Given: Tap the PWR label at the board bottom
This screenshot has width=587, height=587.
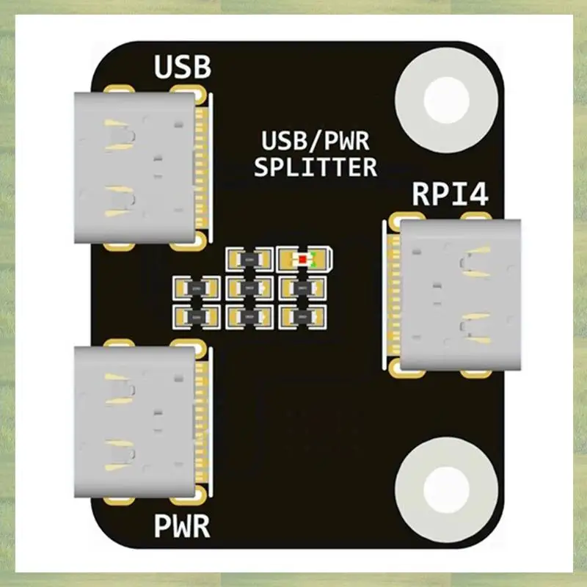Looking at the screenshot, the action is [x=183, y=525].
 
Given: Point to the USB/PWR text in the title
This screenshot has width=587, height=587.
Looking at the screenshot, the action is [x=316, y=140].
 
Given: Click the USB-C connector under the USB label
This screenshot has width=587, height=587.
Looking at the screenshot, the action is [x=143, y=167].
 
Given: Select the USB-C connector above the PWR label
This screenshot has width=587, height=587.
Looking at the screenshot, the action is [x=143, y=423].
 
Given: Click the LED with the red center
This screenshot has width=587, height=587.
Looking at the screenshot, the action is [x=303, y=259].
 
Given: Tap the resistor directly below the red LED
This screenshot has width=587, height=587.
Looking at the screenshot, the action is [x=303, y=288].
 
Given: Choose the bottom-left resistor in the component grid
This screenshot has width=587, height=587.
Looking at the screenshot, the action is [x=196, y=316].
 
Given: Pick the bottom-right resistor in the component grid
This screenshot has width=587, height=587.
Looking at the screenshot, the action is [x=303, y=316].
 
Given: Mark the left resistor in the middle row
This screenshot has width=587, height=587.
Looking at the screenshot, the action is [x=196, y=288].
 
